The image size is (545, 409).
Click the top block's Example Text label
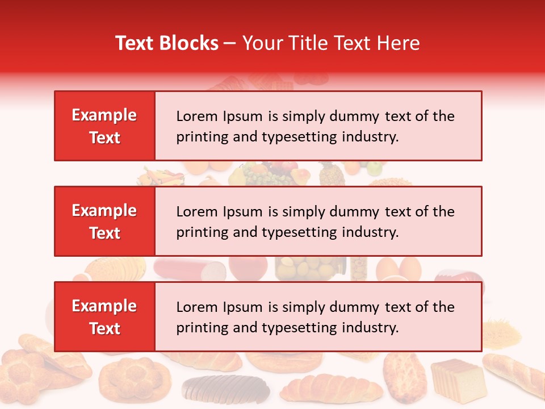pos(104,126)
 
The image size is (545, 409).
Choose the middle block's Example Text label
pos(104,222)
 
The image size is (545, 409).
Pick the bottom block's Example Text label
pos(104,317)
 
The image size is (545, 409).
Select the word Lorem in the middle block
pos(195,212)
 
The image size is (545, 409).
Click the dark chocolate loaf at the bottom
pos(226,388)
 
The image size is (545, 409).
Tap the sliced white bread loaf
pos(458,378)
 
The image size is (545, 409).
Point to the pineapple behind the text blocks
pos(332,174)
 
